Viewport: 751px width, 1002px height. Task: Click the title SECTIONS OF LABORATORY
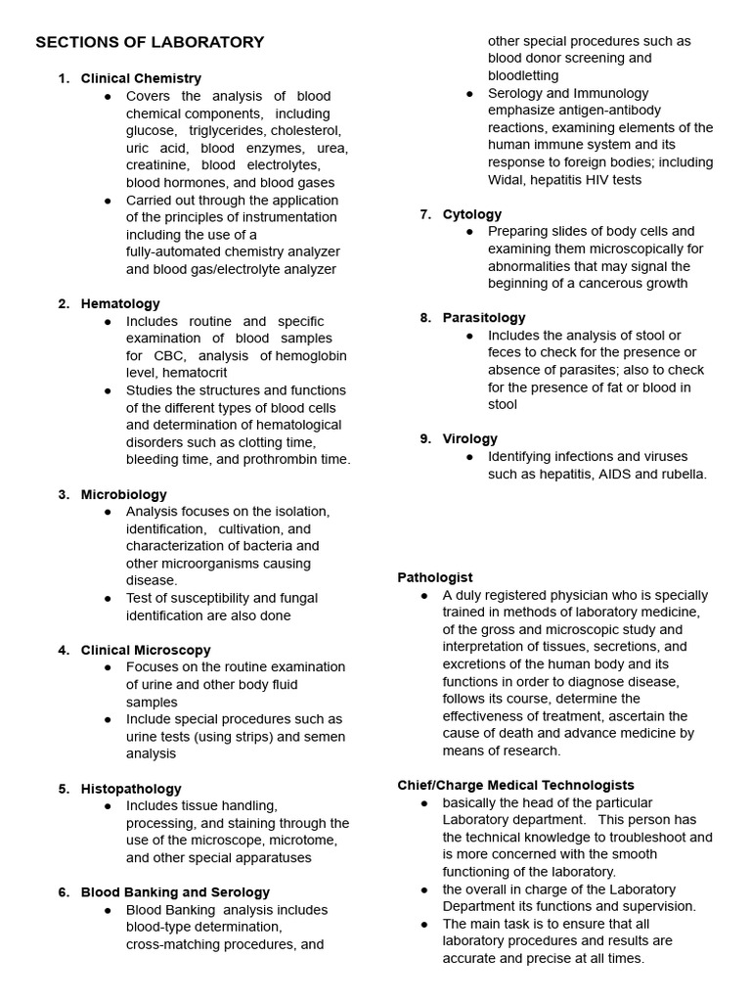coord(150,42)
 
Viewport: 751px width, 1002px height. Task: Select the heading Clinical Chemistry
coord(141,78)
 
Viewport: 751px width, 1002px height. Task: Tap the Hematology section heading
coord(120,303)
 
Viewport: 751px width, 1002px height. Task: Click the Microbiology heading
coord(123,494)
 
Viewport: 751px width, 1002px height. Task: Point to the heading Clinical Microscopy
coord(146,650)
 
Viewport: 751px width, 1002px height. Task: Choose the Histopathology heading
coord(131,789)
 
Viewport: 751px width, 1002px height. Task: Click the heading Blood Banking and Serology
coord(175,892)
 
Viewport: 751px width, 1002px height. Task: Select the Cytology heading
coord(472,214)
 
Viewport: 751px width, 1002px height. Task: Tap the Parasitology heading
coord(484,318)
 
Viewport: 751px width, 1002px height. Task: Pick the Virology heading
coord(470,438)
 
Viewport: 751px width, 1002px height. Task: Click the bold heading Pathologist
coord(435,577)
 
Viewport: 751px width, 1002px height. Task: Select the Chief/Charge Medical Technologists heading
coord(515,785)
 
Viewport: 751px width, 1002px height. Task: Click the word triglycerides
coord(228,130)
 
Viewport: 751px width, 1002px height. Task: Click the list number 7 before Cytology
coord(425,214)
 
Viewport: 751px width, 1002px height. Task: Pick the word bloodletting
coord(523,75)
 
